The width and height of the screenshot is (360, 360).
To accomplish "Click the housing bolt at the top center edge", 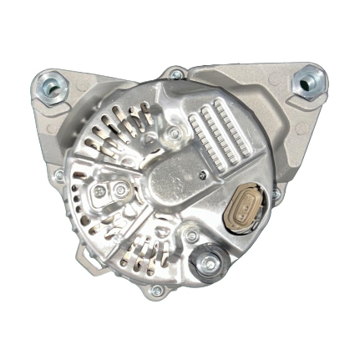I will click(175, 74).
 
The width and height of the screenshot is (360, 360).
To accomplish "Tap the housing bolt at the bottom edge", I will click(156, 291).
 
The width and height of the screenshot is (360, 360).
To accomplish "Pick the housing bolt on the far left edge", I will click(58, 175).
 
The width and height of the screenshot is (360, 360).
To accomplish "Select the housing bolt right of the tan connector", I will click(276, 193).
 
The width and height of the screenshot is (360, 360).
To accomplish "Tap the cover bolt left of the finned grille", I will click(173, 133).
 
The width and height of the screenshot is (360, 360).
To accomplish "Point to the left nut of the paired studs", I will click(99, 191).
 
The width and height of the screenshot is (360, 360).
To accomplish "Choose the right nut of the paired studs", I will click(122, 191).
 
